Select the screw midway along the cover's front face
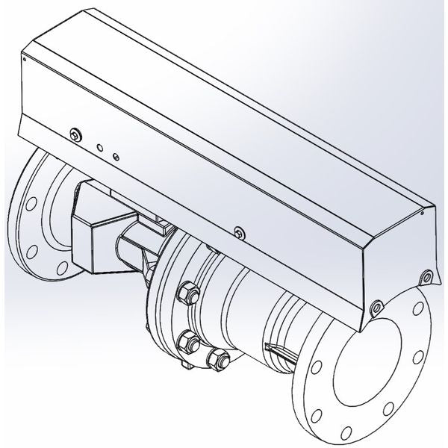coord(237,231)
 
